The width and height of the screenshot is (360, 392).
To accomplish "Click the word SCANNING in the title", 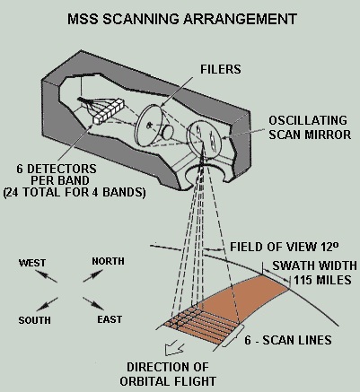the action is coord(141,19).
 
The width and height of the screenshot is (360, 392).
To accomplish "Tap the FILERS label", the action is coord(221,69).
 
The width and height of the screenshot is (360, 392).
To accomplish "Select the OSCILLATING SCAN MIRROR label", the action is coord(310,127).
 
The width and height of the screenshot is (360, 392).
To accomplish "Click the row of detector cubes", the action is coord(108,111).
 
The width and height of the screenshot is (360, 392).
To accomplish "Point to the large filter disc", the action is coord(149,125).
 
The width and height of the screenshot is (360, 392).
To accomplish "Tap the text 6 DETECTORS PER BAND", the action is coord(57,175).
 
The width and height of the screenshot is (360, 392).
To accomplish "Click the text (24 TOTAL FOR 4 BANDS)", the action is coord(75,192).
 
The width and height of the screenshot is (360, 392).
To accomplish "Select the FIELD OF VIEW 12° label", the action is coord(285,247).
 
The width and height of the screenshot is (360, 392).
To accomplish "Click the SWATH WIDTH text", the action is coord(314,266).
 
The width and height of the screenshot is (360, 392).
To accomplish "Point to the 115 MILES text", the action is coord(322,280).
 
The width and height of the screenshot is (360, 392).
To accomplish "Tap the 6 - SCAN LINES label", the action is coord(288,340).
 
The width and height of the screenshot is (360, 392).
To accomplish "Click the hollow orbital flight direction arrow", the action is coord(174,349).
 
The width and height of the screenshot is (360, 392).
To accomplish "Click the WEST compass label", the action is coord(32,263).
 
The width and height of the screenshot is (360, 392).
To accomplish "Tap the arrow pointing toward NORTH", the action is coord(93,275).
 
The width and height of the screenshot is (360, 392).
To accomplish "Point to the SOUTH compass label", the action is coord(35,320).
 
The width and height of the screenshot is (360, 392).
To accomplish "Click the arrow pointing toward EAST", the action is coord(93,303).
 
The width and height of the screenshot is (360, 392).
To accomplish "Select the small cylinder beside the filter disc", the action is coord(167,133).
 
